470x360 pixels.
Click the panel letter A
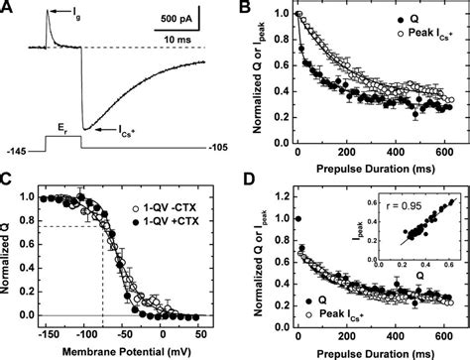click(7, 8)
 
